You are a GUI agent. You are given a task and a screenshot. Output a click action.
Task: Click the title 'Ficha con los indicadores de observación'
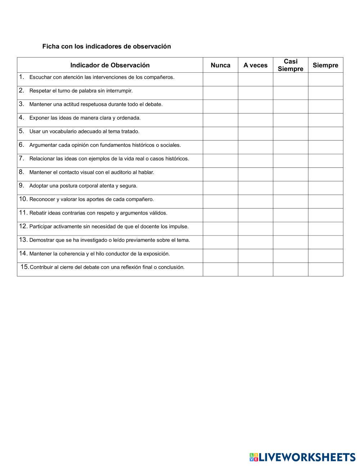[107, 46]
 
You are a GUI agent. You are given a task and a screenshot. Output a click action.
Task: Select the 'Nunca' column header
[220, 65]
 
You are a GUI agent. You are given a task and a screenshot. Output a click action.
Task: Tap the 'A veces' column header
[255, 65]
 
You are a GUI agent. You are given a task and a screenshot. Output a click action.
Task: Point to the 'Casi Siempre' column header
[291, 65]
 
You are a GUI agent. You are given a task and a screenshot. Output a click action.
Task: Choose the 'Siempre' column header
[325, 65]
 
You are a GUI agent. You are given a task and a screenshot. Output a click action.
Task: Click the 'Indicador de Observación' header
[110, 65]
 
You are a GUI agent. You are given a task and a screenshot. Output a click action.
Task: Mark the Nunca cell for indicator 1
[220, 79]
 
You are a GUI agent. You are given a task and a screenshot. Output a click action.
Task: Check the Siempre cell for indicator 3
[325, 107]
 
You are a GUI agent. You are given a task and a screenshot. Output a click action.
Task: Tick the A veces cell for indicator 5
[255, 134]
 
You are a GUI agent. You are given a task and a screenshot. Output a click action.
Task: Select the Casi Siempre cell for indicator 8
[291, 174]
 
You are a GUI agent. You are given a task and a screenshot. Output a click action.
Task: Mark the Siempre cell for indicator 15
[325, 269]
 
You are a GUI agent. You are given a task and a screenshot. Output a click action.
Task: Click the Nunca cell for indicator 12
[220, 229]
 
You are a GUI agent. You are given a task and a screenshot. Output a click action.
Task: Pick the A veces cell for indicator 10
[255, 201]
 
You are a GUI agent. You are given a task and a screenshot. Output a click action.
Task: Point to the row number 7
[22, 158]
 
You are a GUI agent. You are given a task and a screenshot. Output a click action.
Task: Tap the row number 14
[23, 253]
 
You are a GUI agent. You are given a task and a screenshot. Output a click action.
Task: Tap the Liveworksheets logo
[302, 457]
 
